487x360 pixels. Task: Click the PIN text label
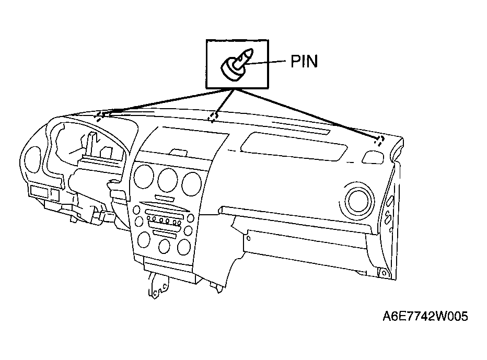(x=304, y=61)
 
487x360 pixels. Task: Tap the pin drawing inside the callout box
(x=237, y=64)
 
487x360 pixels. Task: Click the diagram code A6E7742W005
(x=425, y=316)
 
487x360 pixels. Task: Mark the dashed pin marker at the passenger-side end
(x=379, y=141)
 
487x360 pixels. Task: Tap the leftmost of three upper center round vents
(x=144, y=176)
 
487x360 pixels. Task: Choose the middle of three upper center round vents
(x=167, y=180)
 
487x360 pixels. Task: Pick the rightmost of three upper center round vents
(x=192, y=184)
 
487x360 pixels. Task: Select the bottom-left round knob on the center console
(x=144, y=239)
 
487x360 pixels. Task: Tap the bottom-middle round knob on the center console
(x=164, y=246)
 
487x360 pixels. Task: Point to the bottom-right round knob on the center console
(x=184, y=247)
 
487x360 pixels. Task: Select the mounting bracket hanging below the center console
(x=158, y=285)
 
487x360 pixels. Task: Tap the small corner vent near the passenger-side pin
(x=373, y=157)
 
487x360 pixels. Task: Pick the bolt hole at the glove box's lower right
(x=384, y=273)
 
